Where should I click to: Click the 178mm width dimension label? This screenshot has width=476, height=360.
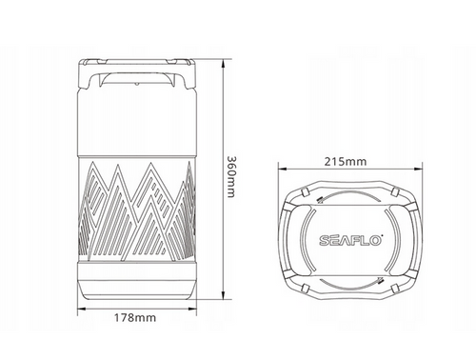(x=135, y=317)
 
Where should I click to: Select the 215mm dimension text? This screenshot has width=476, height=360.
(x=346, y=162)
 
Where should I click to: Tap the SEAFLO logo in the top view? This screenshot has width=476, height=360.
(x=351, y=240)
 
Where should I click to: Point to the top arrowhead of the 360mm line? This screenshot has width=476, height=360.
(x=224, y=64)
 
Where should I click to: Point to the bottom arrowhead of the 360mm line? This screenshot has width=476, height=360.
(x=224, y=295)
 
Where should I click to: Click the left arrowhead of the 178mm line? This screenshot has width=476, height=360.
(x=82, y=308)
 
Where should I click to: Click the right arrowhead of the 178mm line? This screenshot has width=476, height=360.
(x=192, y=308)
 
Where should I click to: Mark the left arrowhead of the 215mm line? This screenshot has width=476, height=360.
(x=283, y=170)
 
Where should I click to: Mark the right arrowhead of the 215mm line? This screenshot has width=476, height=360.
(x=418, y=170)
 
